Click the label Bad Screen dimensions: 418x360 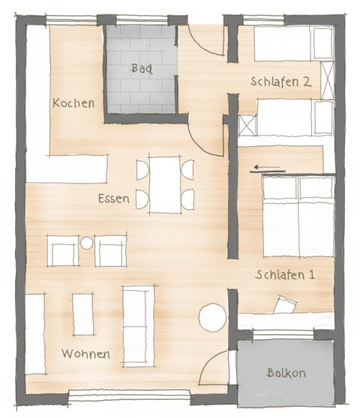click(x=142, y=68)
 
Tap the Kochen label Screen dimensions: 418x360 click(x=73, y=103)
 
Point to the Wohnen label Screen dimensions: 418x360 click(x=85, y=354)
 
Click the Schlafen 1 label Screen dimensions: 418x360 click(x=284, y=275)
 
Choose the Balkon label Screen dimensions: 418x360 click(x=286, y=372)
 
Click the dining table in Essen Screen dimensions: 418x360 click(x=164, y=184)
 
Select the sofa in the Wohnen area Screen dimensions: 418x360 click(x=138, y=324)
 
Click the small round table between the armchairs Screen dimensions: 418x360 click(x=87, y=243)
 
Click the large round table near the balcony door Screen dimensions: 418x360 click(x=212, y=317)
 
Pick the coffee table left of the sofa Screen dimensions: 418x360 click(x=83, y=315)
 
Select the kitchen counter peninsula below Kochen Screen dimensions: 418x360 click(x=67, y=169)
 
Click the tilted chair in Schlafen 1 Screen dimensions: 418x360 click(x=285, y=304)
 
